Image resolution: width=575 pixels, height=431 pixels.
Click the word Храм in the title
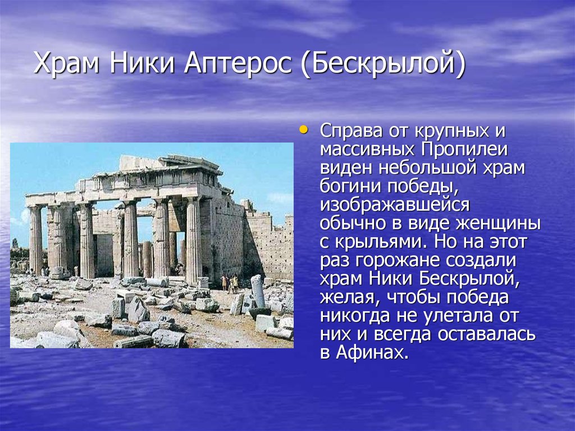pos(66,63)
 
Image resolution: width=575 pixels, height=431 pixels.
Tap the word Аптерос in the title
pos(238,63)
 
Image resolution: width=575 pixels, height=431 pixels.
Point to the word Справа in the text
pos(352,131)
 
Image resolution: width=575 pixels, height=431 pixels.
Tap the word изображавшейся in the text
pos(395,205)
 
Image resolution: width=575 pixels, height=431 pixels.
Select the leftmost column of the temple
pos(35,241)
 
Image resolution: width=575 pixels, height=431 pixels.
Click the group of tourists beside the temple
pos(229,283)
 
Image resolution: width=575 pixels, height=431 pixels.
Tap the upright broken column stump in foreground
pos(258,291)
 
